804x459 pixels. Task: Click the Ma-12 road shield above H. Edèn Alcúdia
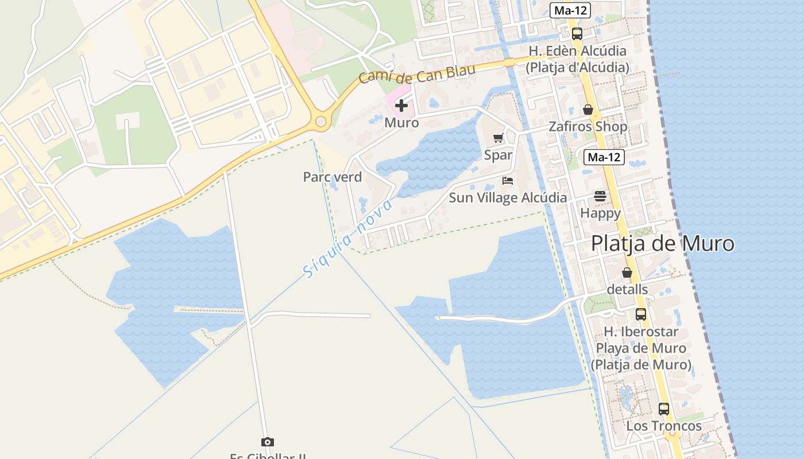pos(570,10)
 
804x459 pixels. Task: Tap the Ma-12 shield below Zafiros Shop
pos(604,157)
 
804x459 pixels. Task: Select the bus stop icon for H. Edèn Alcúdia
pos(577,33)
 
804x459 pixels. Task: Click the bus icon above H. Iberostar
pos(640,314)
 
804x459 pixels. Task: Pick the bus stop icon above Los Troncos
pos(663,409)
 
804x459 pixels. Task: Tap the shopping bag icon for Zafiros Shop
pos(587,109)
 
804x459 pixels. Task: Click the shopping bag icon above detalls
pos(627,273)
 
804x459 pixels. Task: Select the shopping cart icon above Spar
pos(498,138)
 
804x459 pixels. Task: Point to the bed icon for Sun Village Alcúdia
pos(507,180)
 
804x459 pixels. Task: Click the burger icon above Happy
pos(600,196)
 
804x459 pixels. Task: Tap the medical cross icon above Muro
pos(401,106)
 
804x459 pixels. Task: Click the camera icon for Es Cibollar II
pos(267,442)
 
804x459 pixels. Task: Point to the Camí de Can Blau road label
pos(418,74)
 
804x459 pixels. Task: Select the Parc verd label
pos(333,177)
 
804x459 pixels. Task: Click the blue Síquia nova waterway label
pos(348,238)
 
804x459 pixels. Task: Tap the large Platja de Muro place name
pos(662,243)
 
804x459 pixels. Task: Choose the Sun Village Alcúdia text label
pos(508,197)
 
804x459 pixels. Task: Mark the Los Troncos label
pos(663,426)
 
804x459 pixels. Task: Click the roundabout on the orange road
pos(320,122)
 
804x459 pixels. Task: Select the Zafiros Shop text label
pos(587,126)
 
